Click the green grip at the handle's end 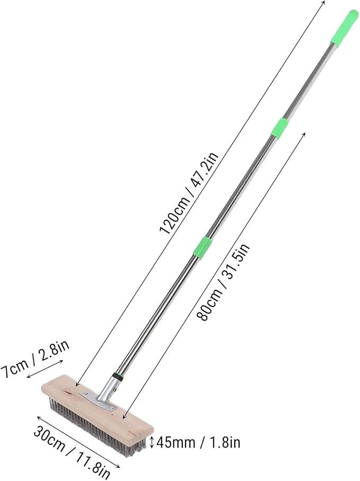click(344, 28)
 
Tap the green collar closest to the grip click(279, 128)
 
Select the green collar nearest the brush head click(203, 246)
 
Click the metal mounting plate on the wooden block click(98, 400)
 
